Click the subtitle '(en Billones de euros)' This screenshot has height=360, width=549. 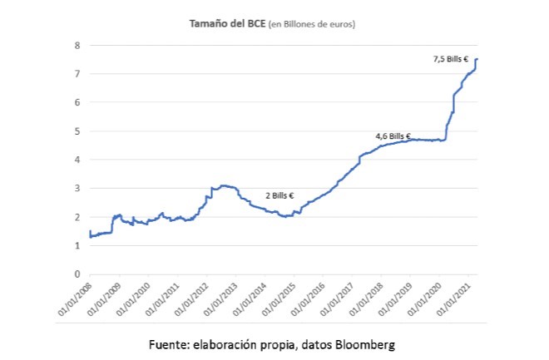312,25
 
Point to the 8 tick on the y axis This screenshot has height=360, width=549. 77,45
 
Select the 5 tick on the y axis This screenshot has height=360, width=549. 77,131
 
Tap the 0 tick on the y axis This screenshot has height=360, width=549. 77,274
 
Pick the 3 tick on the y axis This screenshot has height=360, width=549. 77,189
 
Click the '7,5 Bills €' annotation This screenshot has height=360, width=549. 450,59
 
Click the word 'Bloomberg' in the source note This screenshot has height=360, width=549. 366,343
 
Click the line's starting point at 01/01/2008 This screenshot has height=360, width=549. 89,232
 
